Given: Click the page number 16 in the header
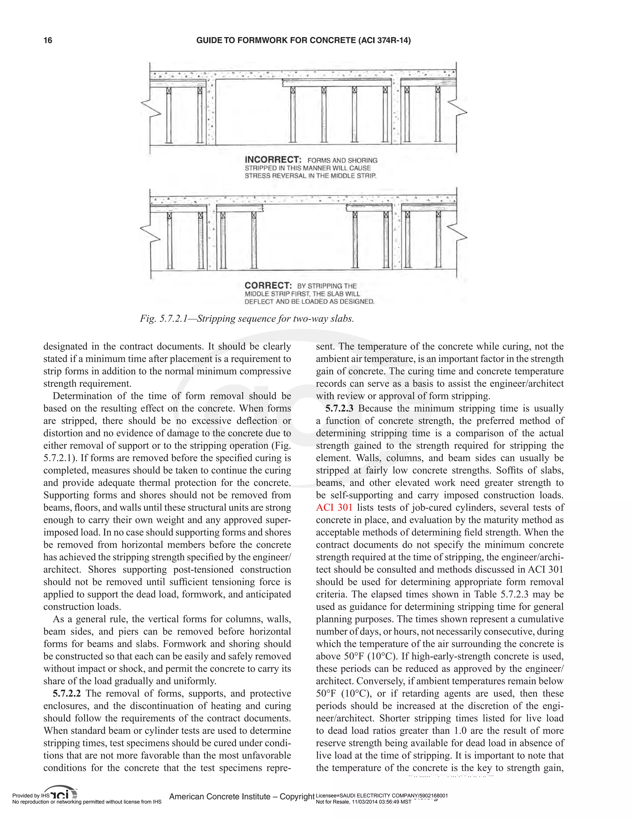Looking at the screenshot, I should click(48, 40).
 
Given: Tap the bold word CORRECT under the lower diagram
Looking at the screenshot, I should click(268, 286).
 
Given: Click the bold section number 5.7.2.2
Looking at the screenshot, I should click(67, 693).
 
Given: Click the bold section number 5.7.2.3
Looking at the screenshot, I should click(339, 409).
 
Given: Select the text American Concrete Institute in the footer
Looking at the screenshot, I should click(220, 797).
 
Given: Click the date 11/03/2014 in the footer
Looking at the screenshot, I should click(364, 802).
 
